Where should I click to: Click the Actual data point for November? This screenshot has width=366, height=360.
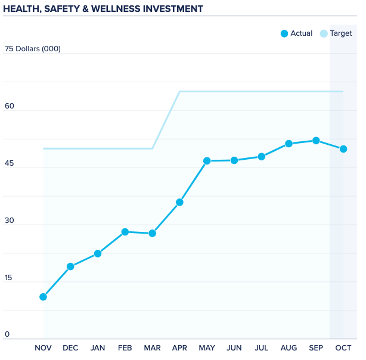(x=43, y=297)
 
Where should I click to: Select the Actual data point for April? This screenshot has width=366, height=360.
(x=179, y=202)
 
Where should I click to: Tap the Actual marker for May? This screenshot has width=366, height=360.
(x=207, y=161)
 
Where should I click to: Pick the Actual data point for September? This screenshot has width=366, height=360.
(x=316, y=141)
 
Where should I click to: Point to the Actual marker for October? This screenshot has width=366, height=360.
(x=343, y=149)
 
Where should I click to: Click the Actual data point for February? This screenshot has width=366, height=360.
(x=125, y=232)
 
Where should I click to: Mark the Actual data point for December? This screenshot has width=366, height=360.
(x=70, y=266)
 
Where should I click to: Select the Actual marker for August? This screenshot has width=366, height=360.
(x=289, y=144)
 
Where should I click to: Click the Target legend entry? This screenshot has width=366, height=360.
(x=336, y=33)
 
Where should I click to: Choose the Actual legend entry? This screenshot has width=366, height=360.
(x=296, y=33)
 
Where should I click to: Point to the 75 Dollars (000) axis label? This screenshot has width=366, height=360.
(x=33, y=49)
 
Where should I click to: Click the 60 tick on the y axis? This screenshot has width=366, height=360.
(x=10, y=106)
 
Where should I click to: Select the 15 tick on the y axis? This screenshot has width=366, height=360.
(x=9, y=278)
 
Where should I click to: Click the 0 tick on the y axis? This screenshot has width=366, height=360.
(x=7, y=334)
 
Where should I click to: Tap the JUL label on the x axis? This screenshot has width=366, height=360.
(x=261, y=348)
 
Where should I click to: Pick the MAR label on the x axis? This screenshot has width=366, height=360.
(x=152, y=348)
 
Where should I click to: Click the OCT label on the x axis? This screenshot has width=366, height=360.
(x=343, y=348)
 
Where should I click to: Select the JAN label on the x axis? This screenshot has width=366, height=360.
(x=98, y=348)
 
